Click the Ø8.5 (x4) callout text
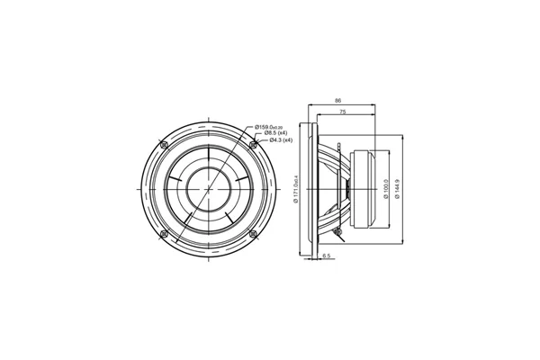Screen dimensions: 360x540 (x=271, y=133)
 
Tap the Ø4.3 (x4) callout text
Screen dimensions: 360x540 (x=271, y=141)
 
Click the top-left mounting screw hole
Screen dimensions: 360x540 (x=163, y=146)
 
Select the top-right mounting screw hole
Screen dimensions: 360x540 (x=252, y=146)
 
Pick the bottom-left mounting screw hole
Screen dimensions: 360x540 (x=163, y=234)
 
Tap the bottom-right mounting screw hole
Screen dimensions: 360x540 (x=252, y=234)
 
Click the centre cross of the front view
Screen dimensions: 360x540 (x=207, y=190)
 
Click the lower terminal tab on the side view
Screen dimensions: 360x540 (x=337, y=232)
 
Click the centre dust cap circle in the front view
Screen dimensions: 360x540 (x=207, y=190)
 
